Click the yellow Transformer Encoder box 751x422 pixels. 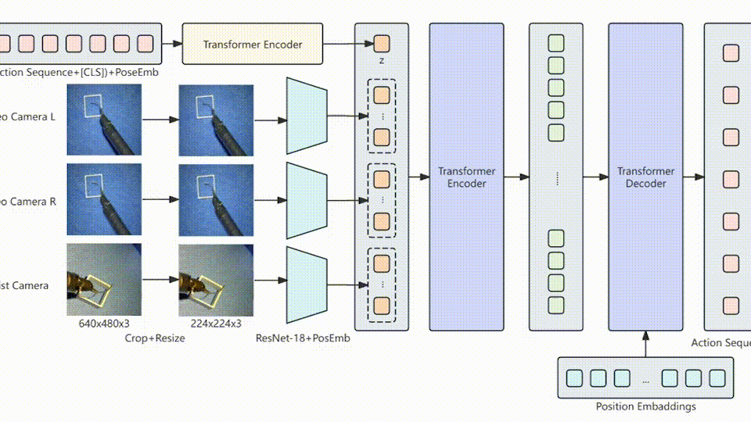point(252,44)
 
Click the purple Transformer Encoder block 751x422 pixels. point(466,177)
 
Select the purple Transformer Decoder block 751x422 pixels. point(646,177)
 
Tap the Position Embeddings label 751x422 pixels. point(645,406)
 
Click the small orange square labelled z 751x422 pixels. point(381,43)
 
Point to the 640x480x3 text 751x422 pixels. point(104,323)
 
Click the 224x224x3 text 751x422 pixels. point(216,323)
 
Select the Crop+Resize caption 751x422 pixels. point(155,338)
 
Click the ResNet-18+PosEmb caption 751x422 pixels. point(301,338)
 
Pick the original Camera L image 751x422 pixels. point(104,120)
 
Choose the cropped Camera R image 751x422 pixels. point(216,199)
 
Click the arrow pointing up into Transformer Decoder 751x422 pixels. point(646,344)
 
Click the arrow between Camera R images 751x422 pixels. point(160,200)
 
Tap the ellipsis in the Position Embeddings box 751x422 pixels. point(645,379)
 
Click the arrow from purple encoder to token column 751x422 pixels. point(516,177)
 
